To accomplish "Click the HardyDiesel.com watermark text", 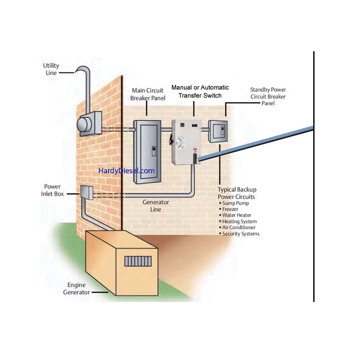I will [x=126, y=171].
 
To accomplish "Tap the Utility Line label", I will [x=51, y=69].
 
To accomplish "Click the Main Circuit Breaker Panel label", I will [x=148, y=94].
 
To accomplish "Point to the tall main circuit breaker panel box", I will [x=147, y=152].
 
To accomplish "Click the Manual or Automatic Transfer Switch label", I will [x=200, y=91].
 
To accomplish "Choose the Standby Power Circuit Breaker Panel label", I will [x=268, y=96].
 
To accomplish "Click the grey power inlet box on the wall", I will [x=86, y=193].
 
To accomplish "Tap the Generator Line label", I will [x=156, y=206].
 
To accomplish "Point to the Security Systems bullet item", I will [x=240, y=234].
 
